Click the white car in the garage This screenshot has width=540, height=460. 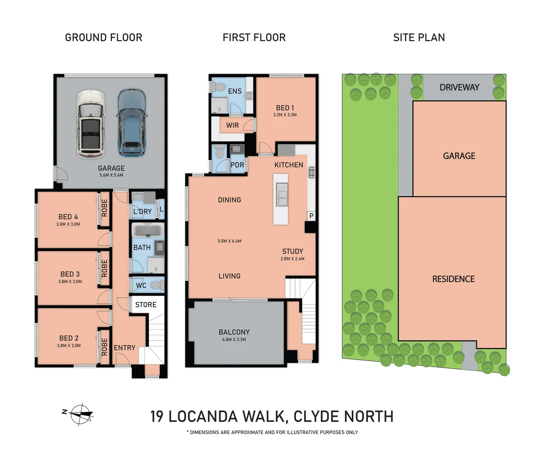pos(91,124)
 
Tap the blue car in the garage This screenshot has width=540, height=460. pos(132,123)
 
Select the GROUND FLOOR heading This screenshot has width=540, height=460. pos(104,37)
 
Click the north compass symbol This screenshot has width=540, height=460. pos(80,414)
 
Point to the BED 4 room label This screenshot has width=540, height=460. pos(68,217)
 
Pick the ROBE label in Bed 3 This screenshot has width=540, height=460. pos(104,268)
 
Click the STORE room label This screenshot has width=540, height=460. pos(146,305)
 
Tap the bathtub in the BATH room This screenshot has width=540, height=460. pos(148,230)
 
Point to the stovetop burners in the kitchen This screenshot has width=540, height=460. pos(312,172)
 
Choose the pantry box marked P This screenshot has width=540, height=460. pos(311,216)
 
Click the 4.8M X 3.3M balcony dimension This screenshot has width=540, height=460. pos(234,339)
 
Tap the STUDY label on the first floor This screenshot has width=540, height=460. pos(293,251)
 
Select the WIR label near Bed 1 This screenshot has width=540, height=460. pos(232,125)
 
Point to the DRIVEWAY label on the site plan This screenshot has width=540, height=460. pos(459,87)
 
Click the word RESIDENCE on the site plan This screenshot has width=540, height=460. pos(453,279)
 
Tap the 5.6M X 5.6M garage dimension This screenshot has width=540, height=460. pos(111,175)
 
